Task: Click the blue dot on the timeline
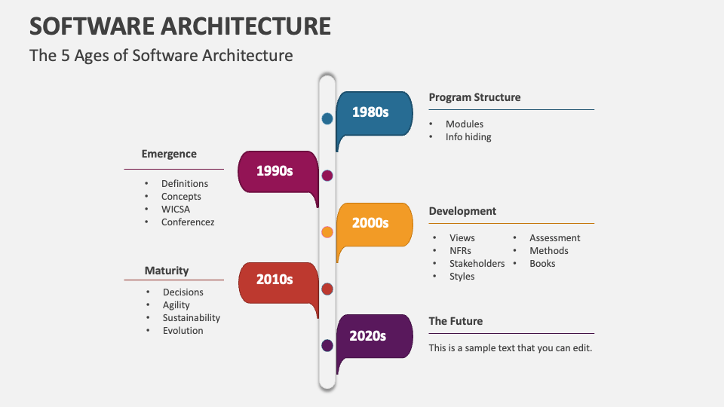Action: (327, 118)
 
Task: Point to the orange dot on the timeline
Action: (327, 232)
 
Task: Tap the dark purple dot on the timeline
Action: (327, 345)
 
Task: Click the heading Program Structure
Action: (474, 97)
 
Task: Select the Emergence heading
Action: (169, 154)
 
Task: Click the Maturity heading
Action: (167, 271)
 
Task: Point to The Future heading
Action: (456, 321)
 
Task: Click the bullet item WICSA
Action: (176, 210)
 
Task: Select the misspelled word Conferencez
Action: (188, 222)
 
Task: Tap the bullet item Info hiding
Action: (468, 137)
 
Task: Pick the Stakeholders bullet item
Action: (477, 264)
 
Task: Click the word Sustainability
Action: (192, 318)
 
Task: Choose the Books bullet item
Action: (542, 264)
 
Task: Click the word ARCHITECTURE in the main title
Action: (245, 26)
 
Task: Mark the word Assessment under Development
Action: (554, 238)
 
